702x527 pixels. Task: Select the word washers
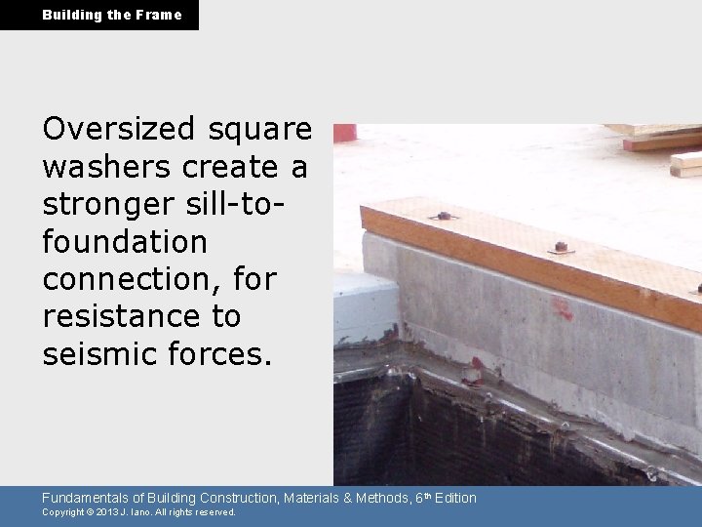[x=107, y=167]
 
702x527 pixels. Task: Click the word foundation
[x=124, y=241]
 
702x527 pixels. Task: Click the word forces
[x=213, y=353]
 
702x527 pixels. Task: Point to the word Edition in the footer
[x=455, y=498]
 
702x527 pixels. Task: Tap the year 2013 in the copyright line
[x=106, y=512]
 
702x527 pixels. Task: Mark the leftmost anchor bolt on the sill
[x=444, y=216]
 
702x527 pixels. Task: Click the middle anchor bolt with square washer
[x=561, y=247]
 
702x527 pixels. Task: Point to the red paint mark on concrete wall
[x=563, y=309]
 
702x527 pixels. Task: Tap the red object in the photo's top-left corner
[x=344, y=133]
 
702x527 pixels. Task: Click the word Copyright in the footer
[x=62, y=512]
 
